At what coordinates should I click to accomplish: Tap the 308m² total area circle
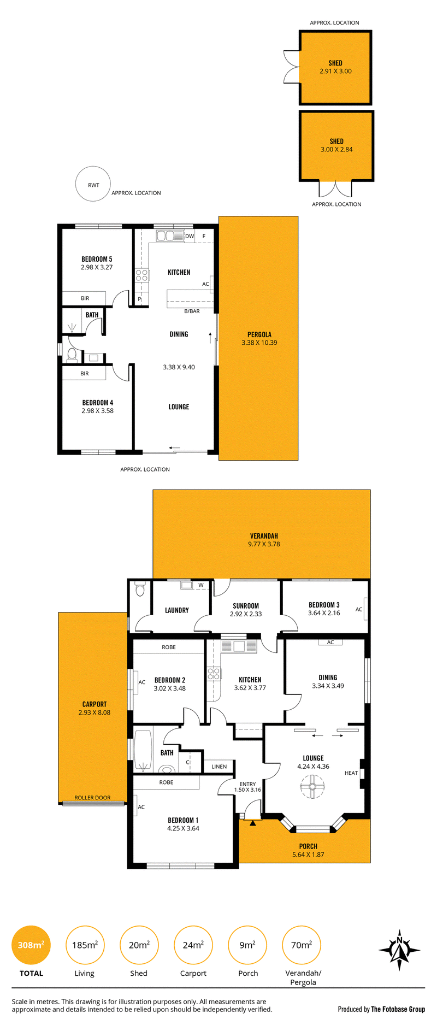pos(31,945)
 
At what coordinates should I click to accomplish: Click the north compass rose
pos(400,950)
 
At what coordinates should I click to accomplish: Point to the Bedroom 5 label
pos(97,259)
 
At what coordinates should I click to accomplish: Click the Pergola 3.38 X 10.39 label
pos(259,339)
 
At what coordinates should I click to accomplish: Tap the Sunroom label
pos(246,606)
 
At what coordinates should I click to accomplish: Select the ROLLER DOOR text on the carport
pos(92,798)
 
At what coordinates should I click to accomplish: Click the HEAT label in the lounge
pos(351,773)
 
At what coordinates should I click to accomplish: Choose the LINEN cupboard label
pos(219,767)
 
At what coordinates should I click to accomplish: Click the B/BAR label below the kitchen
pos(192,311)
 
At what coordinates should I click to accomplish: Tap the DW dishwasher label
pos(190,237)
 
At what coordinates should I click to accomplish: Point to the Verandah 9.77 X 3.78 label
pos(264,540)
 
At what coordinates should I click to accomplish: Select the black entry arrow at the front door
pos(252,823)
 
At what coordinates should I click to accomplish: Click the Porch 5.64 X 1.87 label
pos(308,850)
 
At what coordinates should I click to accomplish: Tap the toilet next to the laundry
pos(140,589)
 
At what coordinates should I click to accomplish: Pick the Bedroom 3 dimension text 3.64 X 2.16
pos(324,613)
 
